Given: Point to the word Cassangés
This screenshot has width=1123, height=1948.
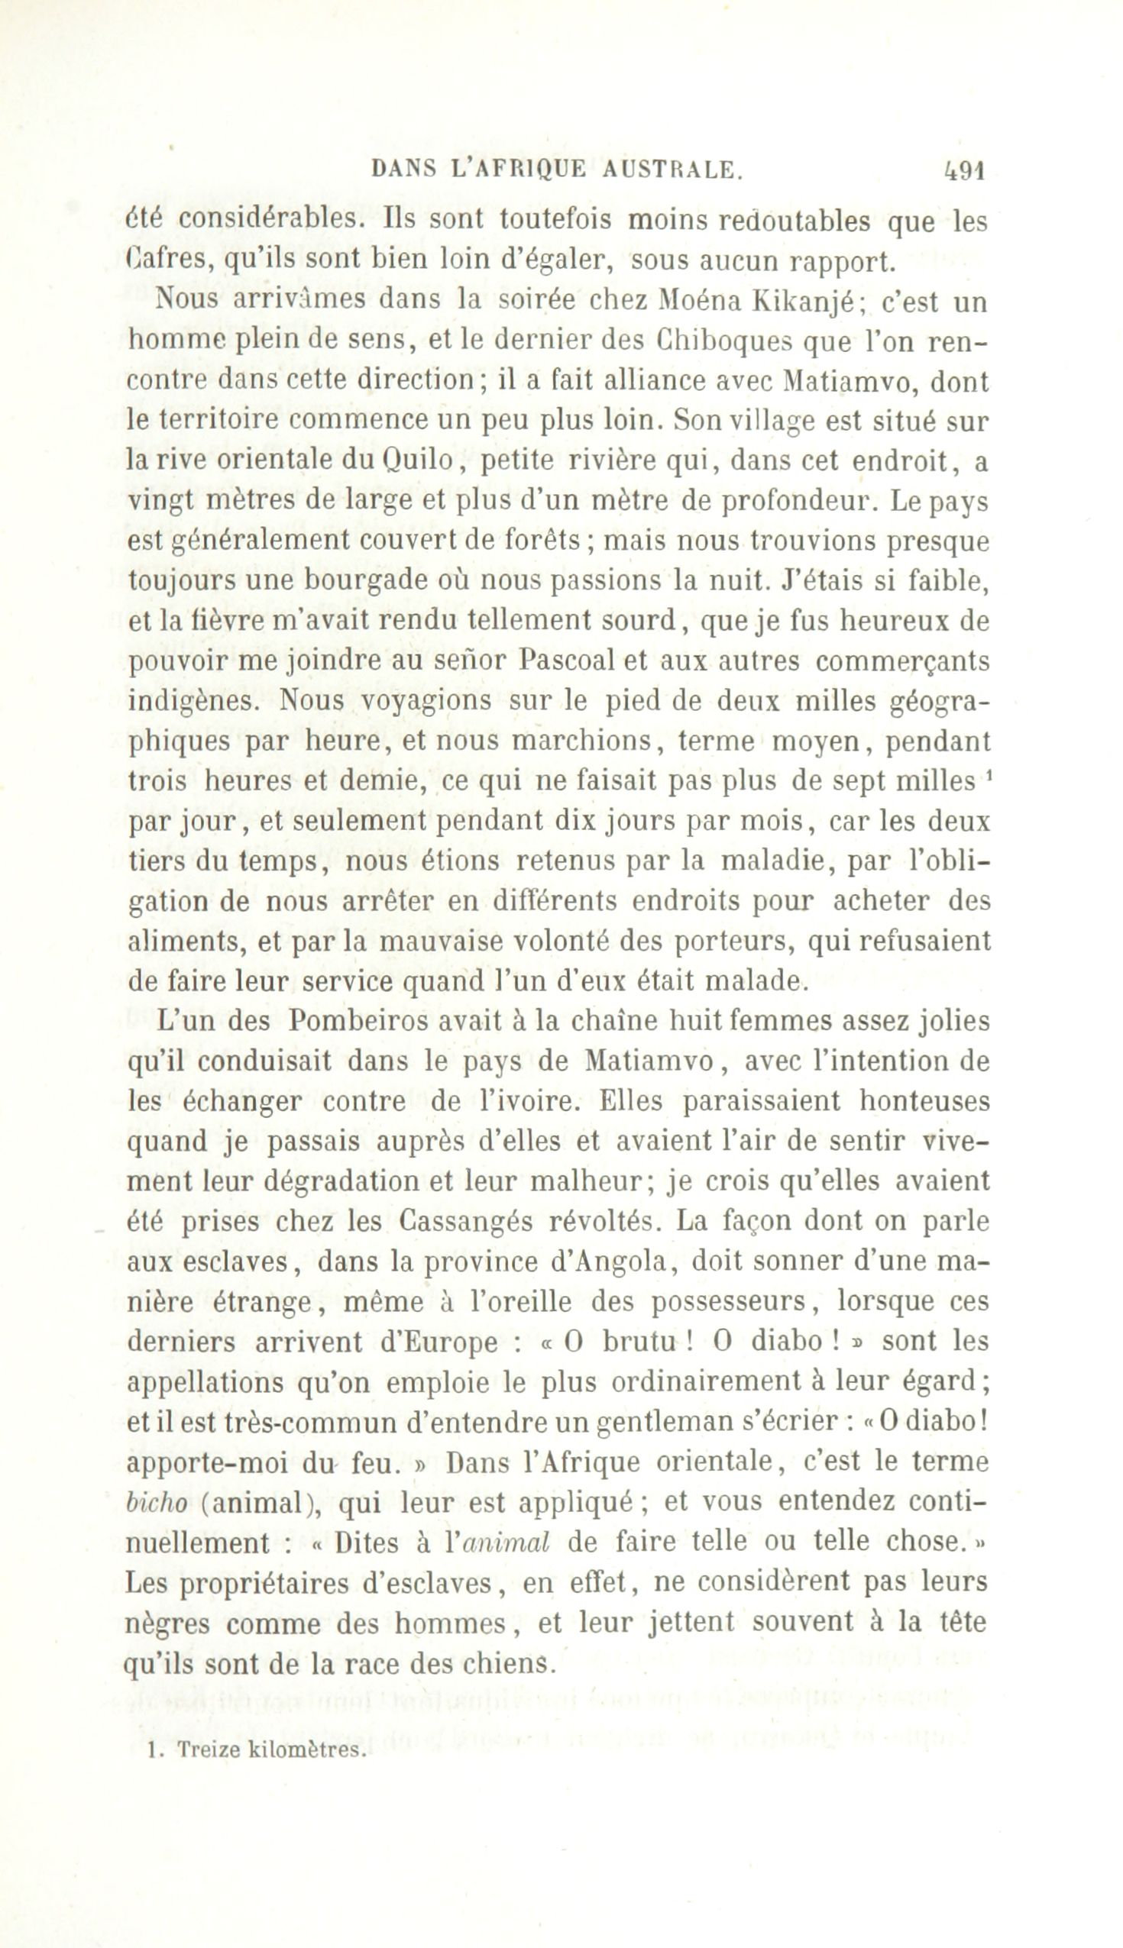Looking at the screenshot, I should (461, 1223).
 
